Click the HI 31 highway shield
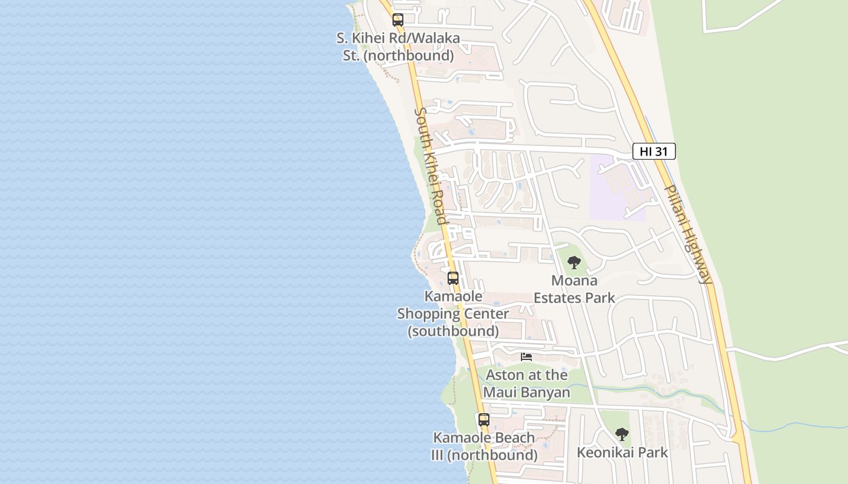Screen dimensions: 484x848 (654, 151)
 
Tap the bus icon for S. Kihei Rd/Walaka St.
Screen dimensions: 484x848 (397, 20)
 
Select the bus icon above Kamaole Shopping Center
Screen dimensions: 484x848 (453, 278)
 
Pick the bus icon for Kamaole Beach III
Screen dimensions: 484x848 (483, 419)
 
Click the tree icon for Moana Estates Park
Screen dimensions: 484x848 (574, 263)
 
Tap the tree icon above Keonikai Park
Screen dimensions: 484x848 (621, 434)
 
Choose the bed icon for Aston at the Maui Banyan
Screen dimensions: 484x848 (526, 357)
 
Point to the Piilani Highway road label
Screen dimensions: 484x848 (688, 234)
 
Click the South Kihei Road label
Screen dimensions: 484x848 (430, 165)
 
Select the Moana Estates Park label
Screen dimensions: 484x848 (574, 289)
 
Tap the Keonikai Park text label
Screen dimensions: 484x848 (622, 453)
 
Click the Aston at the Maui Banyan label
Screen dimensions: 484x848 (526, 384)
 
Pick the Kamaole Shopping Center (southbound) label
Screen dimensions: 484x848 (453, 314)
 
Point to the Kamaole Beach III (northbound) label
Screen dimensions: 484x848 (484, 446)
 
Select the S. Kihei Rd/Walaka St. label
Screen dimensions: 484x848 (397, 47)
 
